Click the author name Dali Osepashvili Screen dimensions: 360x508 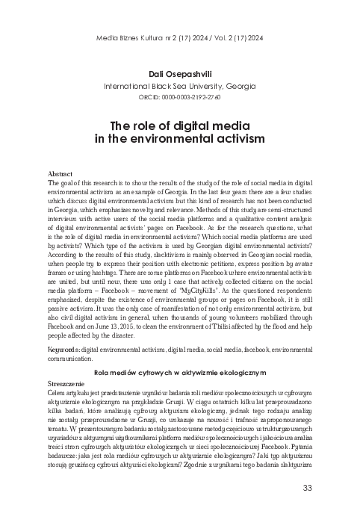point(179,73)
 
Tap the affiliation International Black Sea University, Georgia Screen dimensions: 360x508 point(179,85)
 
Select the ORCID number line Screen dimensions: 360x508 point(179,97)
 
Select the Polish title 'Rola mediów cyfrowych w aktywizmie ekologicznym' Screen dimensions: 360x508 point(179,371)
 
